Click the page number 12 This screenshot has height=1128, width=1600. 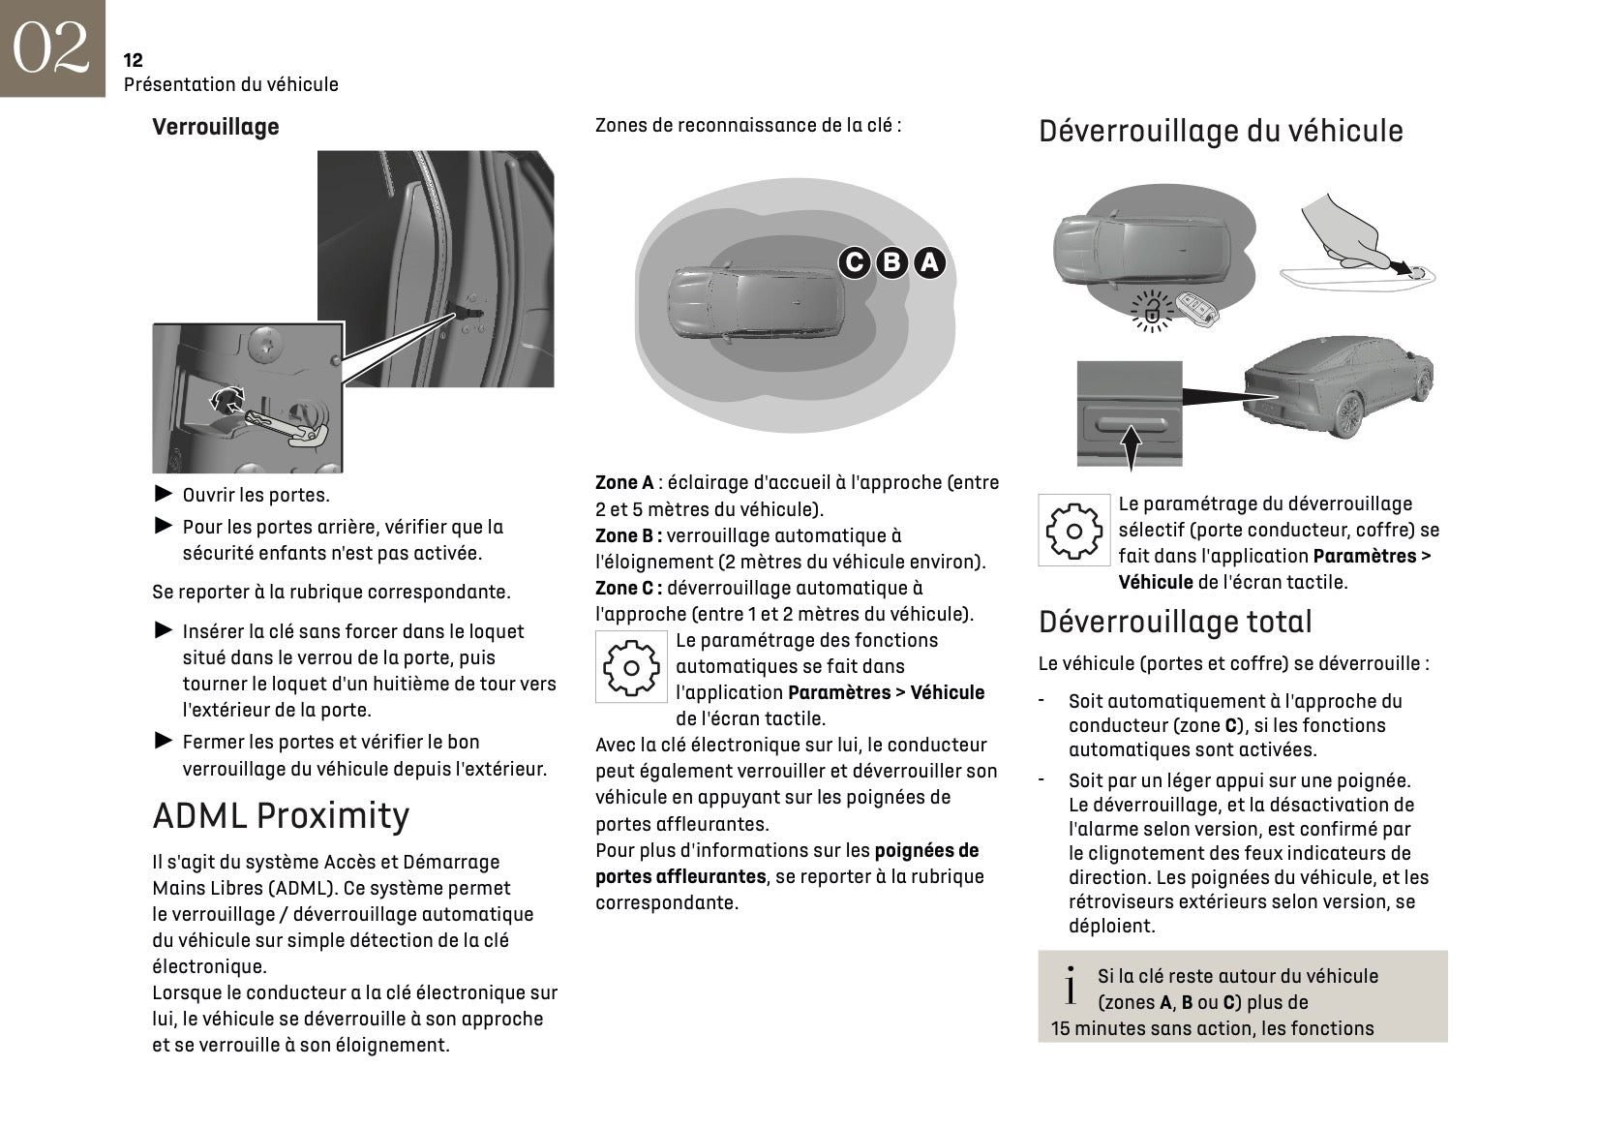pos(134,60)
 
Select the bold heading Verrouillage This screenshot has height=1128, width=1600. pos(215,127)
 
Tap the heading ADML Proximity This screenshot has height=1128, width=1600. pos(281,815)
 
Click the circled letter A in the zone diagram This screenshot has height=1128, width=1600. pos(929,262)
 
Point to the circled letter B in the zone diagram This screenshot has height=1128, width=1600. pos(891,262)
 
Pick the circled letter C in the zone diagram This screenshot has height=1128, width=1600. pos(854,262)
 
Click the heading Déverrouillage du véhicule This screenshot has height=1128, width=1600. pos(1220,131)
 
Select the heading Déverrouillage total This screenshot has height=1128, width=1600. pos(1175,622)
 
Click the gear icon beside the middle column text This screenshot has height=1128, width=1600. pos(631,667)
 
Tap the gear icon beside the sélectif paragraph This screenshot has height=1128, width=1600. pos(1073,531)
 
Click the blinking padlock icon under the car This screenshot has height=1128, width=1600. pos(1152,311)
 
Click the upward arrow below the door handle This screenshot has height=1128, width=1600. pos(1130,448)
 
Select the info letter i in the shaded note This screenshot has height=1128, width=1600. pos(1070,987)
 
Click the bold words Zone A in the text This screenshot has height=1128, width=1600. pos(624,482)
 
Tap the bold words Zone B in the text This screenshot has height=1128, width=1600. pos(627,535)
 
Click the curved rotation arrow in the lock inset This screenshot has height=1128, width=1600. pos(228,397)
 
